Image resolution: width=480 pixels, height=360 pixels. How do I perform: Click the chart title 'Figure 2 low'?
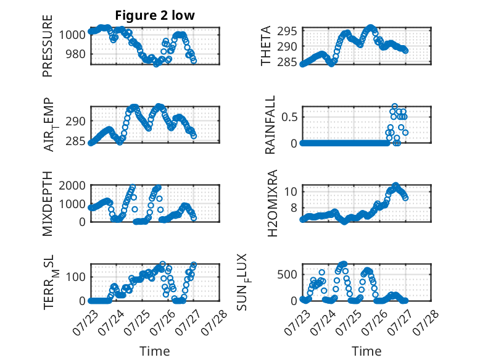click(155, 15)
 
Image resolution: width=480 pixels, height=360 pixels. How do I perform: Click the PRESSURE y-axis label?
click(48, 46)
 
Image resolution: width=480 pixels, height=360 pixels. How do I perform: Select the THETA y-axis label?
click(266, 46)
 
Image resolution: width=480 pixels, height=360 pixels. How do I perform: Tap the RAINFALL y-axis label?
click(270, 125)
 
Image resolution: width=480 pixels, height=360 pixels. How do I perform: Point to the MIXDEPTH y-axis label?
click(48, 204)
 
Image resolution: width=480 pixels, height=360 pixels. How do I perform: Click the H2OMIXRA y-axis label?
click(272, 203)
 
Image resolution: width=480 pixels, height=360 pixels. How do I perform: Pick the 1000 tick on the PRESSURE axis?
click(72, 35)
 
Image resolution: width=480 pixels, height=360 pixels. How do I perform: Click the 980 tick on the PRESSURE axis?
click(76, 54)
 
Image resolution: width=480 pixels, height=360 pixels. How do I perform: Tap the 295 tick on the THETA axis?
click(287, 31)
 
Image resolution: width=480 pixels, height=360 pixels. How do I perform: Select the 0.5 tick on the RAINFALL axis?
click(289, 117)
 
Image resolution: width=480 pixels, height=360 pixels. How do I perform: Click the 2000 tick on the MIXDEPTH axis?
click(72, 185)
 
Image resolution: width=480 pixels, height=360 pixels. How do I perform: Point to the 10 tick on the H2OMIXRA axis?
click(291, 192)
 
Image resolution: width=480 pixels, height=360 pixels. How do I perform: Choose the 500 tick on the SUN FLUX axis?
click(287, 275)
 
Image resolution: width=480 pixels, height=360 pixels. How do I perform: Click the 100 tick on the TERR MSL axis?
click(76, 277)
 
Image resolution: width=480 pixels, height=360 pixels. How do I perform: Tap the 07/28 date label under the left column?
click(214, 322)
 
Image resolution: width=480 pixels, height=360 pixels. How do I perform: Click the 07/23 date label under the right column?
click(296, 322)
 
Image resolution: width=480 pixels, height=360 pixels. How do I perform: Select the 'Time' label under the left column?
click(155, 351)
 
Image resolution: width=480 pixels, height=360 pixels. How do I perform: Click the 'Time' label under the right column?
click(366, 351)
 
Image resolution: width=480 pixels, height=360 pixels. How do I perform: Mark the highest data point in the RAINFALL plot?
click(395, 107)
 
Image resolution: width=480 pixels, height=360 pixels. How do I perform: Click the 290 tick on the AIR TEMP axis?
click(76, 121)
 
